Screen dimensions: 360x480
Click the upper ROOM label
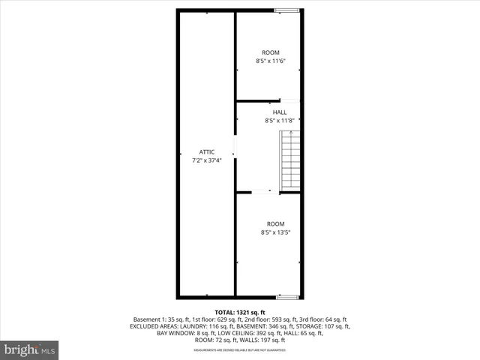(271, 52)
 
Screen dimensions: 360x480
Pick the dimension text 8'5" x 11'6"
(271, 61)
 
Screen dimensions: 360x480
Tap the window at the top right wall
(286, 10)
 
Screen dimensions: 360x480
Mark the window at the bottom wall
(286, 297)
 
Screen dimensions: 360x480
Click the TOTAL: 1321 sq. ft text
(241, 311)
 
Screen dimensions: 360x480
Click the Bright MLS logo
(31, 350)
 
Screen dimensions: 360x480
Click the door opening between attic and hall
(235, 147)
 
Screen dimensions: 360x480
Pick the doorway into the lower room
(262, 192)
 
